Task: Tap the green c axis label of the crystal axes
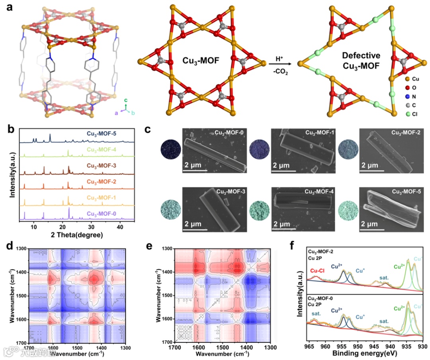tap(126, 100)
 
